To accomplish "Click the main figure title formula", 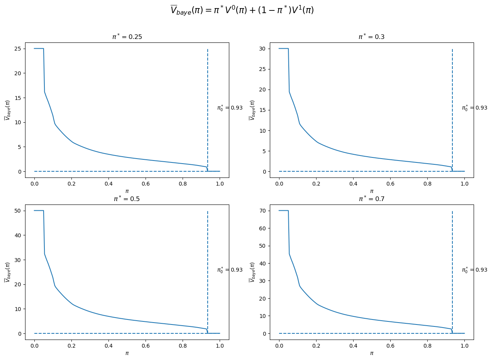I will tap(242, 10).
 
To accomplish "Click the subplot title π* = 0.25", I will tap(127, 37).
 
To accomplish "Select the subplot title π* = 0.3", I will tap(371, 37).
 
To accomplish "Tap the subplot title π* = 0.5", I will tap(127, 199).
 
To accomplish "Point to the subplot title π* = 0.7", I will tap(371, 199).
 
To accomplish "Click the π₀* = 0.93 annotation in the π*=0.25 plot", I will tap(230, 108).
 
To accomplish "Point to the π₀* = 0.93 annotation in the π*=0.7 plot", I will tap(474, 270).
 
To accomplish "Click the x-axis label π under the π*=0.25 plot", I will tap(127, 191).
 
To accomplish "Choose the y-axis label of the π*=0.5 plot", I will tap(7, 272).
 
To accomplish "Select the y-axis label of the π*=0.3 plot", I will tap(252, 110).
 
